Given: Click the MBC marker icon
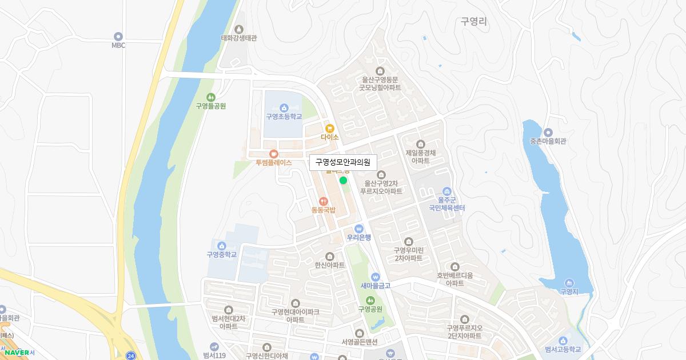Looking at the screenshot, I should tap(118, 36).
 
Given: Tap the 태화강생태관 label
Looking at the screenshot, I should tap(239, 38).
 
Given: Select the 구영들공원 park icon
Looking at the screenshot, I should tap(211, 97).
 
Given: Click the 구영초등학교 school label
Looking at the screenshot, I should tap(284, 117).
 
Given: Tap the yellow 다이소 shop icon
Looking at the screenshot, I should tap(330, 128).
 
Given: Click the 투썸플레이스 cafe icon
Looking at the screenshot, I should tap(273, 153).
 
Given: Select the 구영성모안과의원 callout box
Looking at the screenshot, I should tap(343, 162).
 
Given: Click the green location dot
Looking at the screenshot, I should tap(343, 181).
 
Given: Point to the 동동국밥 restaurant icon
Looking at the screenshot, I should tap(323, 201).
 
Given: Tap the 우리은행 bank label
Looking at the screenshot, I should tap(359, 238).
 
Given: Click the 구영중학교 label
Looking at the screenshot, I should tap(222, 254).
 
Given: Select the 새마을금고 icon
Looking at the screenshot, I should tap(375, 277).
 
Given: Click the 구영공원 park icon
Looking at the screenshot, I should tap(370, 300).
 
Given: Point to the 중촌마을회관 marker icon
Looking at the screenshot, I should tap(548, 133).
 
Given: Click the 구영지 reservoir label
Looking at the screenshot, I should tap(569, 291).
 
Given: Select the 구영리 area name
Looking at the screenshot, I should tap(474, 22).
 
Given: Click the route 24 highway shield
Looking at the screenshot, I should tap(131, 355).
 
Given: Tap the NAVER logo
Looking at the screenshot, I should tap(17, 353).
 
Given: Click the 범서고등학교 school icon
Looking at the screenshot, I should tap(563, 341).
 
